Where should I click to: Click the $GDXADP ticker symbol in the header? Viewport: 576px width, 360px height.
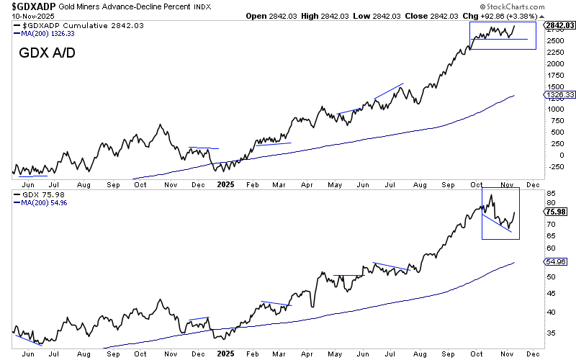[x=30, y=6]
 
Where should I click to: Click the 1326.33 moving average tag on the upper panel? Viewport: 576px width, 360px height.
[x=559, y=94]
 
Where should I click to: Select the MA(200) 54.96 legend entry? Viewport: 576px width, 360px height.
[x=42, y=203]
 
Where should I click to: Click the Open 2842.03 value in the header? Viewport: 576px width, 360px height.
[x=272, y=15]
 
